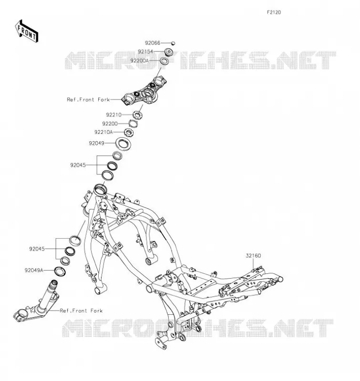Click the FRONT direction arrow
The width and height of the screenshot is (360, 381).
[x=27, y=31]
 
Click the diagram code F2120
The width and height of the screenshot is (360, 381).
[x=274, y=12]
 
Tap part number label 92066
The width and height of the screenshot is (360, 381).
[x=153, y=43]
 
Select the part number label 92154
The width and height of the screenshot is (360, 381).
[x=145, y=51]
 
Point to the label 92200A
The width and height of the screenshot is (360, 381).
[x=139, y=60]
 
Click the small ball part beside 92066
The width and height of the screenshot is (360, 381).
[x=173, y=43]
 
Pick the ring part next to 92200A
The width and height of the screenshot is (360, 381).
[x=164, y=61]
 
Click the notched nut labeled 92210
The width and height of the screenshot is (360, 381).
[x=137, y=115]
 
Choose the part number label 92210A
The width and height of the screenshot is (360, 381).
[x=103, y=132]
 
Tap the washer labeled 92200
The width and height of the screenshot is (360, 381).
[x=133, y=124]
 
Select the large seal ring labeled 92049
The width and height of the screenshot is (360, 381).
[x=123, y=144]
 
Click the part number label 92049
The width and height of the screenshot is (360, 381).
[x=97, y=143]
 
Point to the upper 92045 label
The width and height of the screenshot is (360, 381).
[x=78, y=165]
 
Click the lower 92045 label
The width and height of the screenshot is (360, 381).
[x=37, y=249]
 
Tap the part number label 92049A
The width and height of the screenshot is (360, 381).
[x=34, y=270]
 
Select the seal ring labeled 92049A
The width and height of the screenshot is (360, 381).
[x=60, y=271]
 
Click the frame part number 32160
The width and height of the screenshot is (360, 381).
[x=253, y=256]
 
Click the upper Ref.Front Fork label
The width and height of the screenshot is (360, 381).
[x=88, y=100]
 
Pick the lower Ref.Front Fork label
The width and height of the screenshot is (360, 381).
[x=81, y=311]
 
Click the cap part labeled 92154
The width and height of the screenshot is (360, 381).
[x=168, y=52]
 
